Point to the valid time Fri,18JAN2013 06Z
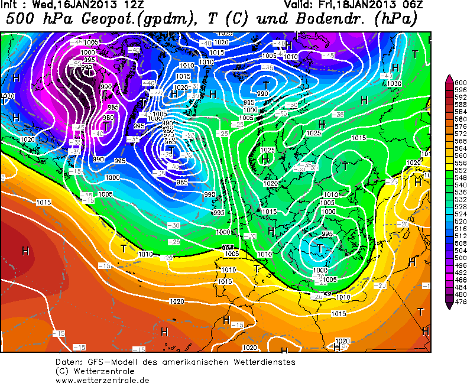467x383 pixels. click(372, 5)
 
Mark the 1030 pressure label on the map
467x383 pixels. click(394, 83)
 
